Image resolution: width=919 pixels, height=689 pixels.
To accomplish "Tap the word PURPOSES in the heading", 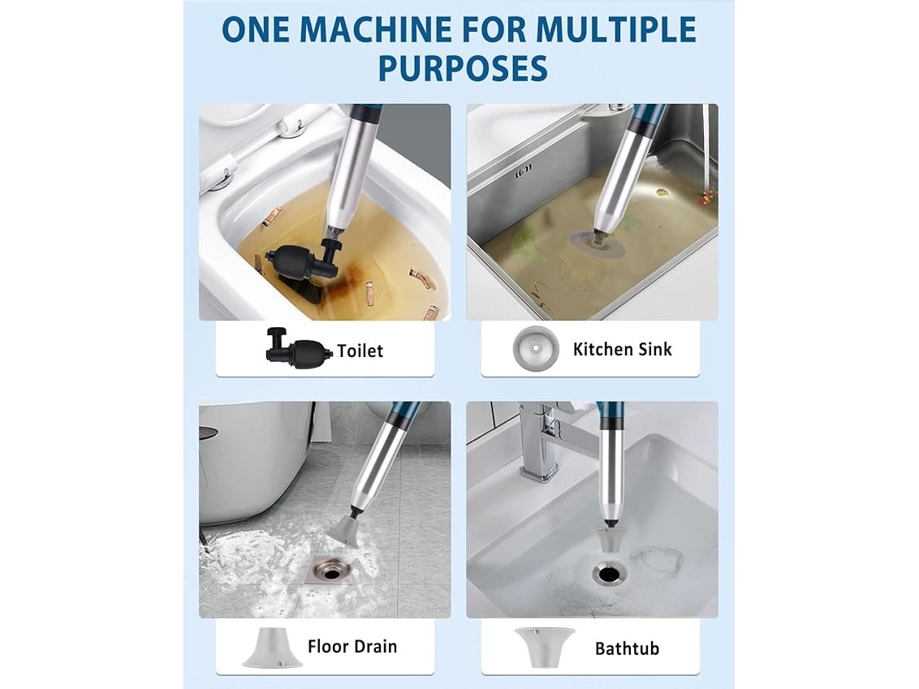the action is (x=463, y=68).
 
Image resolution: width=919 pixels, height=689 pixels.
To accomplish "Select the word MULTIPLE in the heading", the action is (x=616, y=29).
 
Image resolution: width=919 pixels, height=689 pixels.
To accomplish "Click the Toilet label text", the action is (x=360, y=351).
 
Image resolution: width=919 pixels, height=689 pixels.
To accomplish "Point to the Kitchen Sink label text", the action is (x=622, y=349).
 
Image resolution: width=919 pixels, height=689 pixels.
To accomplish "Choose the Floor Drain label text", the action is (x=352, y=646).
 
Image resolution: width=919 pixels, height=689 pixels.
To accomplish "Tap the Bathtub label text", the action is (x=627, y=648).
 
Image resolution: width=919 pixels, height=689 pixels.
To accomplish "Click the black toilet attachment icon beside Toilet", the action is (x=298, y=349).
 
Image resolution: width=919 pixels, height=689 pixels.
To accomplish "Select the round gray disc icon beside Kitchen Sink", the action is (x=534, y=349).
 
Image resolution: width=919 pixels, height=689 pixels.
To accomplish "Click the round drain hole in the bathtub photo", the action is (x=608, y=572).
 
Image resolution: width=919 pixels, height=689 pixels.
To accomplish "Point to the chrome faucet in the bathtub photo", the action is (x=548, y=439).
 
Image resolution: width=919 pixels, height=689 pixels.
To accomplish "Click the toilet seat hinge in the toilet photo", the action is (x=292, y=127).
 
